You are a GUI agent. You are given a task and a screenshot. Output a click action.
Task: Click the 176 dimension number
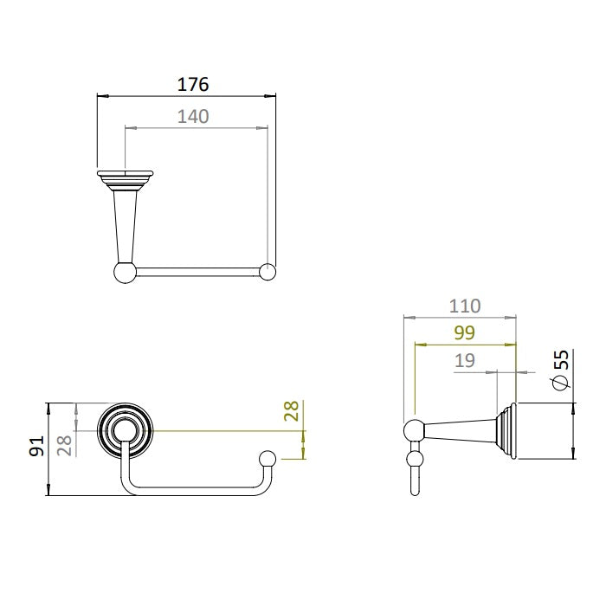pyautogui.click(x=193, y=84)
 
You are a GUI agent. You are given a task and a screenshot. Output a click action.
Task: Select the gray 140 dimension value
pyautogui.click(x=193, y=116)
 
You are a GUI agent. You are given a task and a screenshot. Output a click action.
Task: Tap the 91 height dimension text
pyautogui.click(x=37, y=446)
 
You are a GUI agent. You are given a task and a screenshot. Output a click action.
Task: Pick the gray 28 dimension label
pyautogui.click(x=64, y=446)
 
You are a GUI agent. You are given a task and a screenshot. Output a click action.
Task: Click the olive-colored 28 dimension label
pyautogui.click(x=292, y=411)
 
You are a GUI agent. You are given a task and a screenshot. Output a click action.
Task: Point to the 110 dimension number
pyautogui.click(x=465, y=306)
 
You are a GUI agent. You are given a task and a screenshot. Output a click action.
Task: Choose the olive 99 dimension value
pyautogui.click(x=465, y=332)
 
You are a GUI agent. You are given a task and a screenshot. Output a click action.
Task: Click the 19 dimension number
pyautogui.click(x=465, y=361)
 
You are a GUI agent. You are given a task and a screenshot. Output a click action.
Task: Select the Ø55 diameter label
pyautogui.click(x=561, y=370)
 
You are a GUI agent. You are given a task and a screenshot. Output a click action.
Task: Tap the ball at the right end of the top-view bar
pyautogui.click(x=268, y=272)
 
